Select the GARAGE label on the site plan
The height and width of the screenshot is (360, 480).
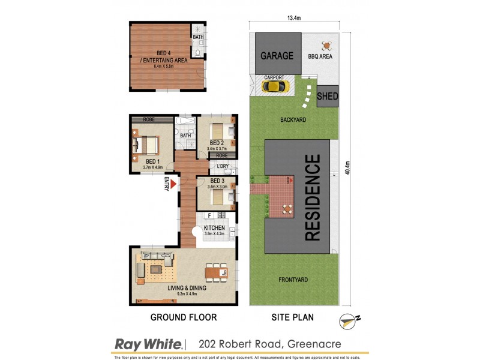tap(277, 56)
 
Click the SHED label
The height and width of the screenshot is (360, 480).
tap(327, 96)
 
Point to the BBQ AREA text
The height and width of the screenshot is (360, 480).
tap(320, 57)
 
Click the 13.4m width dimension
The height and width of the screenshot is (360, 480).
tap(293, 18)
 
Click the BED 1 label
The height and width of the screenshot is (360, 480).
tap(153, 161)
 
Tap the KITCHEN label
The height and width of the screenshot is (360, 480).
tap(214, 228)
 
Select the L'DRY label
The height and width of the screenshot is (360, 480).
tap(215, 166)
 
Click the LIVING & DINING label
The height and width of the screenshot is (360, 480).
tap(186, 288)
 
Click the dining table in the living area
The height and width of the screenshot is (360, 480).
tap(216, 273)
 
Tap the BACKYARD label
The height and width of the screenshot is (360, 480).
tap(293, 120)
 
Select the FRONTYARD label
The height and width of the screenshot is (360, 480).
tap(294, 280)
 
